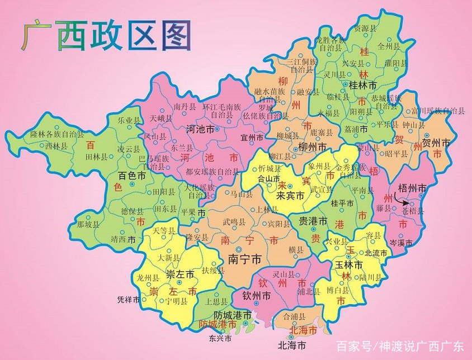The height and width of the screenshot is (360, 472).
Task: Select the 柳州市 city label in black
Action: [x=312, y=147]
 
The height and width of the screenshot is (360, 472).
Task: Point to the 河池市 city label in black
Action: [x=200, y=129]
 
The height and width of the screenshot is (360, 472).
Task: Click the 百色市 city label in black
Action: [x=132, y=176]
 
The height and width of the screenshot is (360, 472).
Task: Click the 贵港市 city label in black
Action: [x=313, y=221]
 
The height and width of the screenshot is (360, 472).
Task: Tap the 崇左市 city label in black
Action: [x=180, y=274]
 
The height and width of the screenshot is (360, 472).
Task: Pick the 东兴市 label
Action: [x=220, y=339]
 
